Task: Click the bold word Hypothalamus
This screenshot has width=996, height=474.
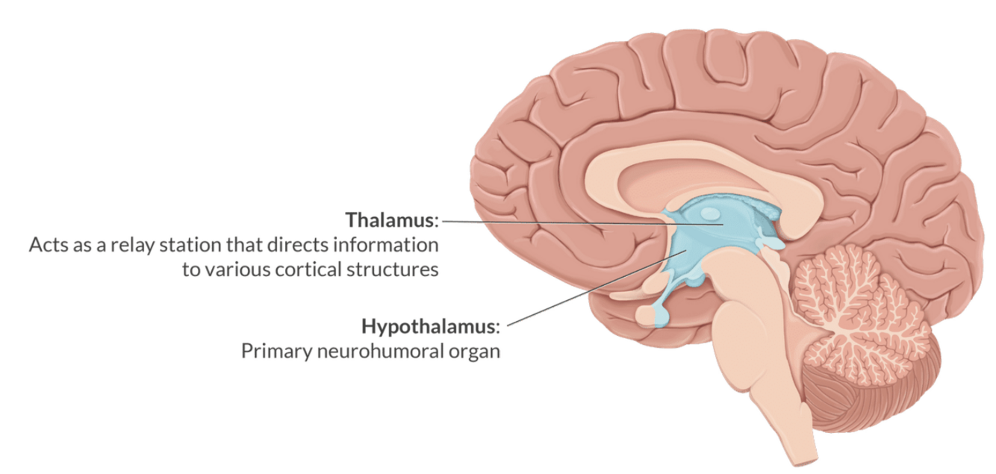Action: click(429, 326)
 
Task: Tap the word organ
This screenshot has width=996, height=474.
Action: click(475, 352)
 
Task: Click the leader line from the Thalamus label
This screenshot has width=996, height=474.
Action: click(567, 222)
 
